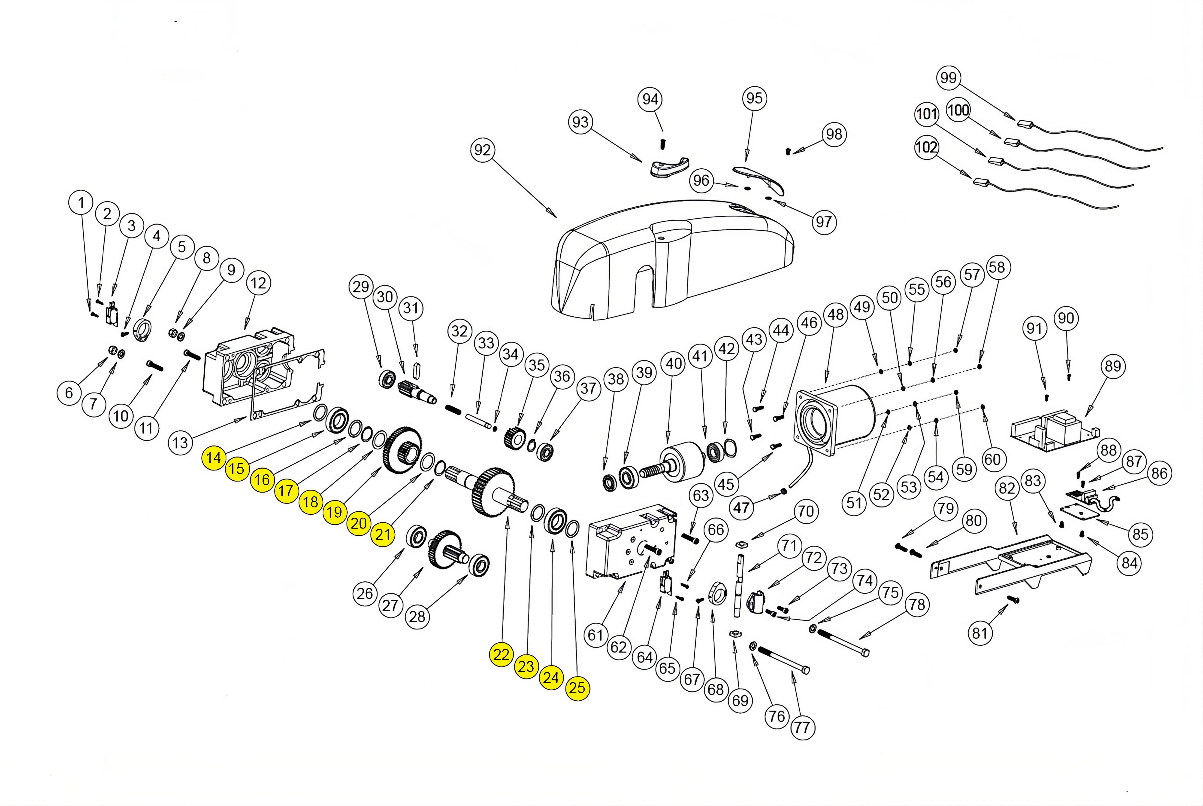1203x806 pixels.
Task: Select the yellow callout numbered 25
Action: click(x=577, y=688)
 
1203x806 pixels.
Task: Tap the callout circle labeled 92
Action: click(x=482, y=150)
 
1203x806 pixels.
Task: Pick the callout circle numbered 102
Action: click(x=926, y=147)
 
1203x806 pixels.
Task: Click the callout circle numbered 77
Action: click(x=802, y=727)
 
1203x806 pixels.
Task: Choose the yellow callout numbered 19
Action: click(x=334, y=512)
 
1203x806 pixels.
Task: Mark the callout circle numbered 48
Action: click(x=836, y=314)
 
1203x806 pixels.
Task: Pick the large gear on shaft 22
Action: click(x=492, y=491)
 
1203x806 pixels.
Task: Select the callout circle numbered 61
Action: click(x=595, y=635)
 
